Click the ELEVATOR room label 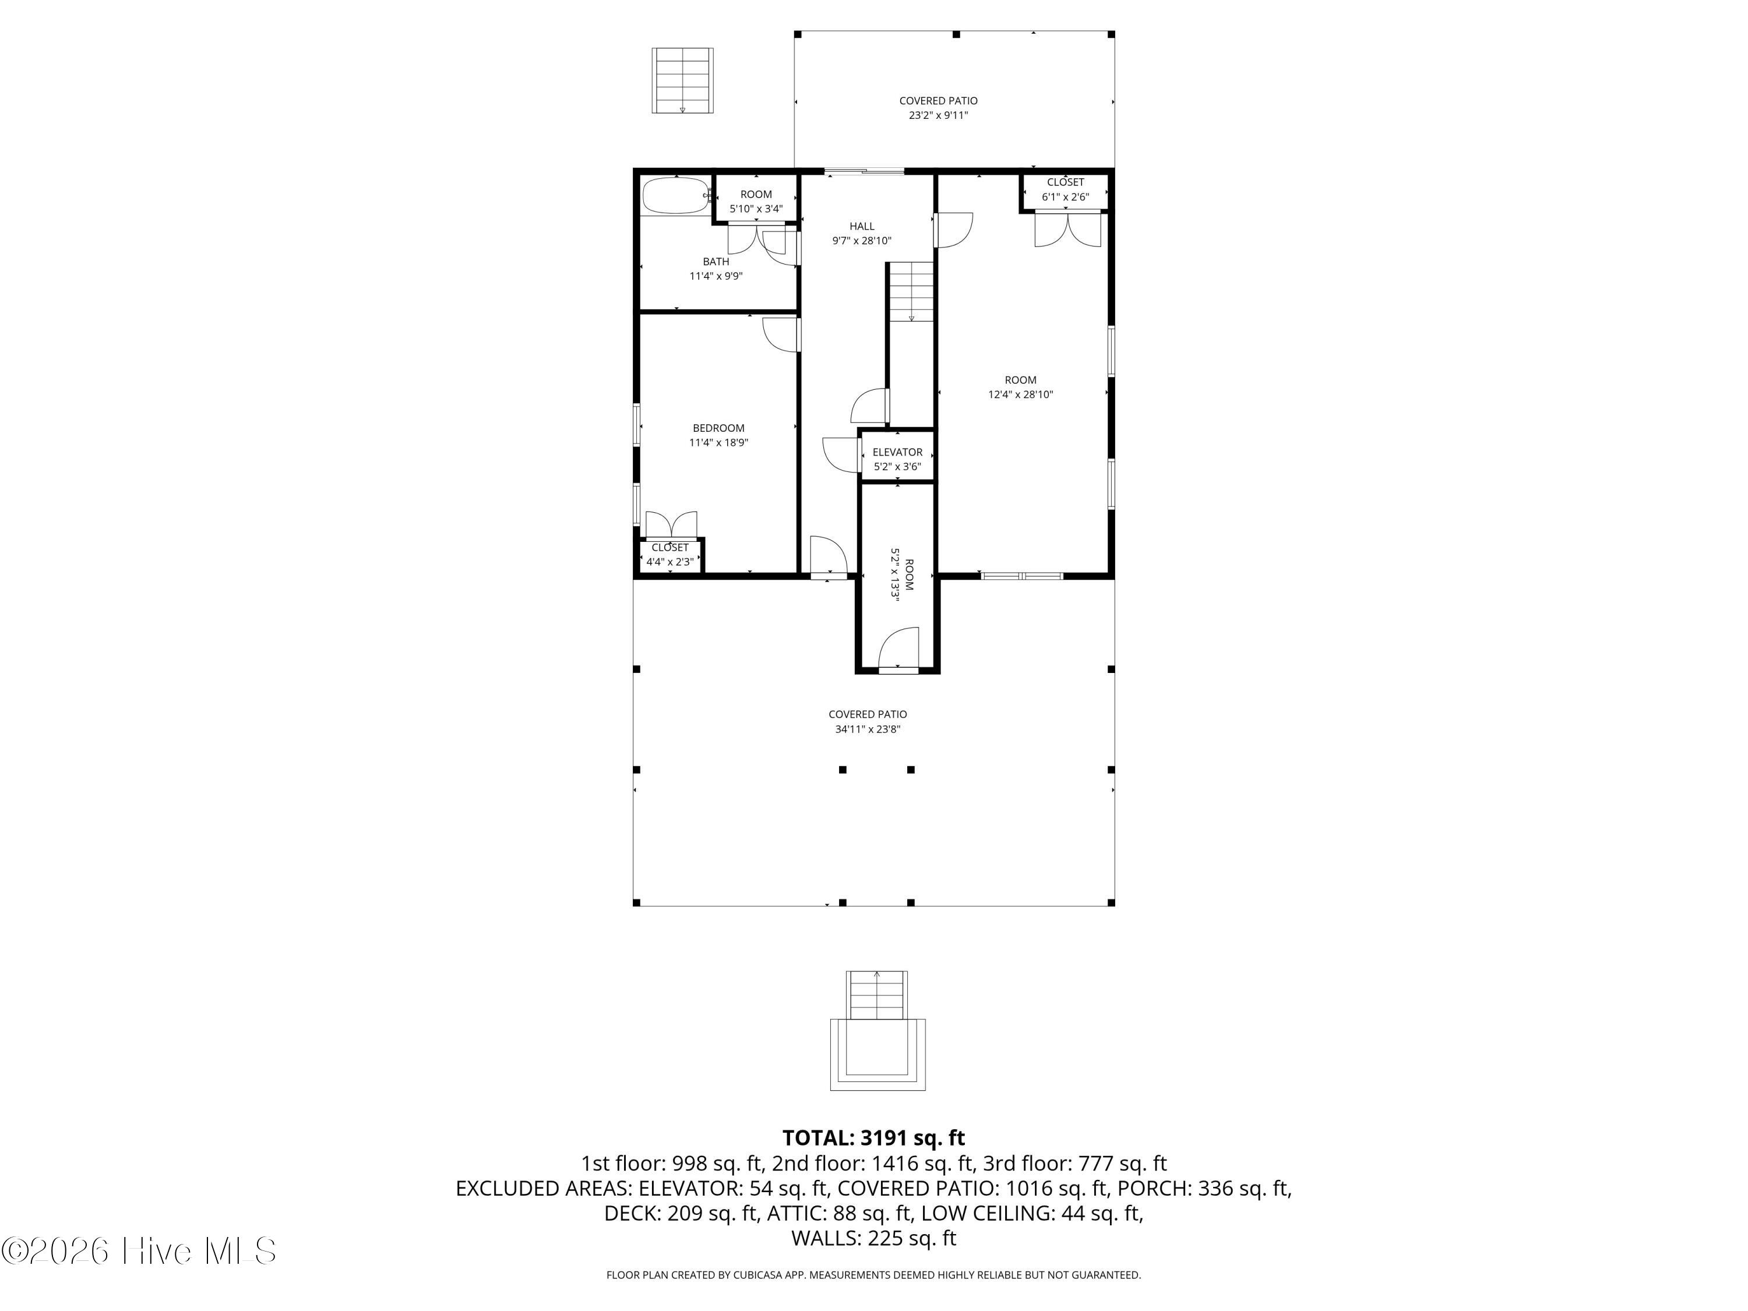tap(897, 452)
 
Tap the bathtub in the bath tap(676, 196)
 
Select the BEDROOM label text tap(718, 428)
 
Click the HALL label tap(861, 226)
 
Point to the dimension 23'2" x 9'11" tap(938, 115)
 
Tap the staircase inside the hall tap(912, 291)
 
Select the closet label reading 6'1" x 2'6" tap(1065, 197)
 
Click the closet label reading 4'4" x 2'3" tap(670, 562)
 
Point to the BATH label tap(716, 262)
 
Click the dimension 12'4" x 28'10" tap(1020, 394)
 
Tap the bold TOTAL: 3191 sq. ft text tap(873, 1138)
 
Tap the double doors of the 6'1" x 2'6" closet tap(1067, 229)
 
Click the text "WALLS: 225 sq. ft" tap(874, 1238)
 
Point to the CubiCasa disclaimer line tap(873, 1275)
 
